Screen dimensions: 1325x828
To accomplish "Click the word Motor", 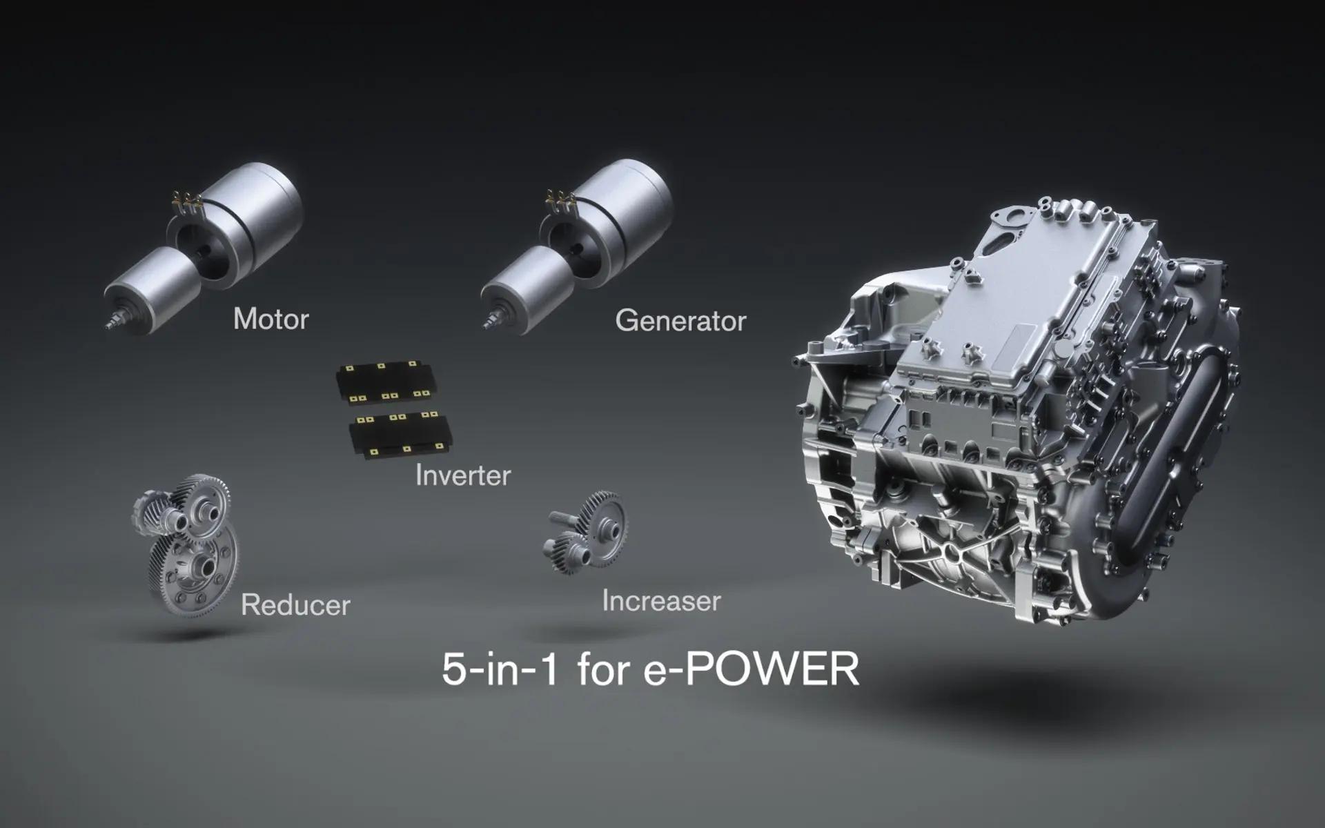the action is pyautogui.click(x=271, y=319).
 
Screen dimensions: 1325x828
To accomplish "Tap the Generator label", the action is pyautogui.click(x=680, y=321).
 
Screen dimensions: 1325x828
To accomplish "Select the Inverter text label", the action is pyautogui.click(x=462, y=475).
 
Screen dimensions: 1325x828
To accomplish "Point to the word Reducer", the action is pyautogui.click(x=295, y=605).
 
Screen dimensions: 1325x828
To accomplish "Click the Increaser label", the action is pyautogui.click(x=661, y=601).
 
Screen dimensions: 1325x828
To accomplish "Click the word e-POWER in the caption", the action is pyautogui.click(x=751, y=669).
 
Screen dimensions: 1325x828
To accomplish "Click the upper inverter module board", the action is pyautogui.click(x=386, y=381).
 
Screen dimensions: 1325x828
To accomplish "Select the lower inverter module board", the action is pyautogui.click(x=401, y=433).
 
